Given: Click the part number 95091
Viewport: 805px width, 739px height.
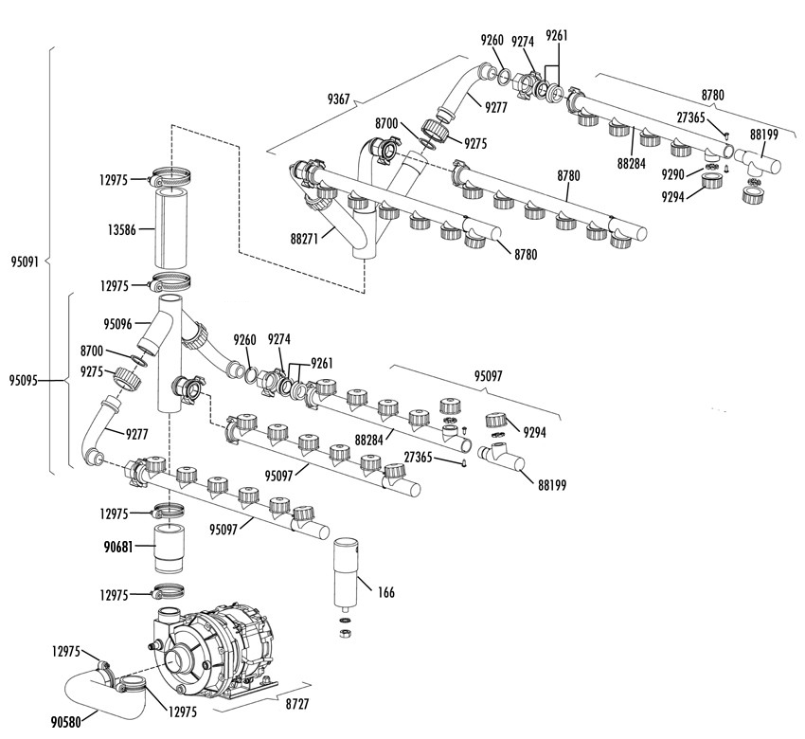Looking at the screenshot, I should coord(25,260).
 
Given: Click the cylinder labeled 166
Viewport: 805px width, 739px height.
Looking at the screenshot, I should coord(346,573).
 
